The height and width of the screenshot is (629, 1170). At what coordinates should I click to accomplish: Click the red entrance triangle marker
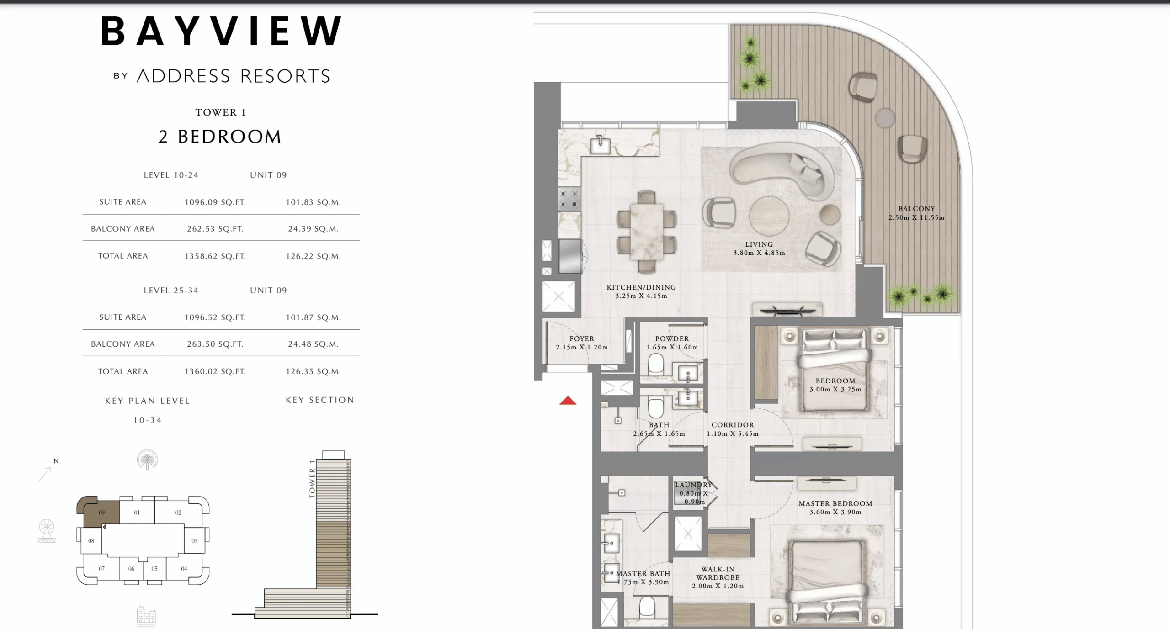pos(568,401)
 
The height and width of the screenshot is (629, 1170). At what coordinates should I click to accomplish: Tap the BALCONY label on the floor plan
pos(916,209)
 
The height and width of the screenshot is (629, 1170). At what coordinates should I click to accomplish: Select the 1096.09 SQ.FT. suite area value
pos(215,202)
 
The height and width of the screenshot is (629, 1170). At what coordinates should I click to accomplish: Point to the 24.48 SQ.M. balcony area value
pos(313,344)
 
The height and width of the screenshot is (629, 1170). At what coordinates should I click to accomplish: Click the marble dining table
pos(646,232)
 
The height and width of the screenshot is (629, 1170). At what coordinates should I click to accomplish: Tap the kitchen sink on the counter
pos(600,145)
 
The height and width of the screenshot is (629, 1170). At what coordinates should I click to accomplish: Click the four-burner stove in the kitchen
pos(569,199)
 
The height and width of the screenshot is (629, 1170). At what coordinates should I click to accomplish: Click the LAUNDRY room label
pos(693,485)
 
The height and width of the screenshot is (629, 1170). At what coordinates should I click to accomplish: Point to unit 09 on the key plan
pos(101,513)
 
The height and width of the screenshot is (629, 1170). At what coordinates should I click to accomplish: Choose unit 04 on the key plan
pos(184,569)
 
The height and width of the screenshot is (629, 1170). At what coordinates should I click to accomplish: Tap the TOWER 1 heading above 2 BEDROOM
pos(220,112)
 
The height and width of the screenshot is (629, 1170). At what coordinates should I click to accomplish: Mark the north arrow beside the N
pos(44,475)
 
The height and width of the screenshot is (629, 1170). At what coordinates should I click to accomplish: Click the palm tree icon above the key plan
pos(147,460)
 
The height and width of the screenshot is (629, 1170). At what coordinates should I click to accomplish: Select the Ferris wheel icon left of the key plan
pos(47,530)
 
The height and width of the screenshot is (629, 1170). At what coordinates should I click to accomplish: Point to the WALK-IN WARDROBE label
pos(718,573)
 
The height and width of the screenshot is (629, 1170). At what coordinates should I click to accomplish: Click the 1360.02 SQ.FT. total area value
pos(215,371)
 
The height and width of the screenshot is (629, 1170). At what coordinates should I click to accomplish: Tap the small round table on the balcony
pos(885,118)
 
